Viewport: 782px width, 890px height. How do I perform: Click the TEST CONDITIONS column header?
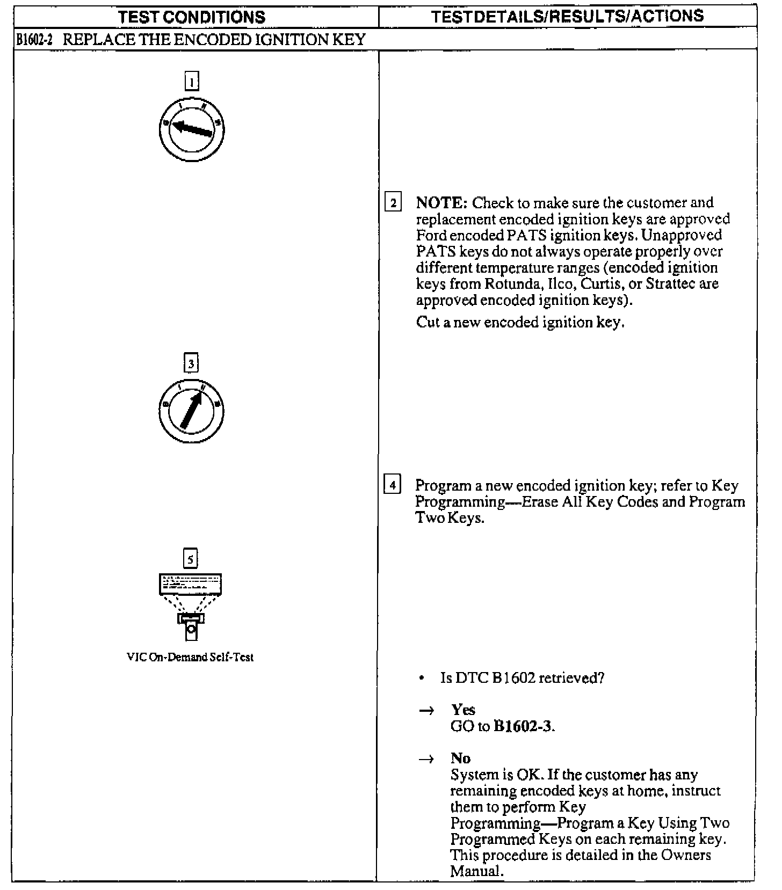pos(192,17)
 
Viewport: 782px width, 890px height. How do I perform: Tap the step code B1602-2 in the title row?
pos(33,40)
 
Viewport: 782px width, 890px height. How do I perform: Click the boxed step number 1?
pos(191,82)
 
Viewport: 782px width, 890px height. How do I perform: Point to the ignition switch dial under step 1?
pos(191,129)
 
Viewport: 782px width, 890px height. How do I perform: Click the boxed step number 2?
pos(393,203)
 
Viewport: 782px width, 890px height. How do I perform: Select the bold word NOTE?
pos(441,203)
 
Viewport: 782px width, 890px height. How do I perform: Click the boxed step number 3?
pos(191,363)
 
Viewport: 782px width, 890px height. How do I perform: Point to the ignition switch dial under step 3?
pos(191,411)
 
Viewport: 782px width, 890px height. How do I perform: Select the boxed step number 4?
pos(393,486)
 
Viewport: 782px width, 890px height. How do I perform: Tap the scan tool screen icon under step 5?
pos(191,585)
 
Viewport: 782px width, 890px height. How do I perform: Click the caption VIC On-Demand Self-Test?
pos(190,657)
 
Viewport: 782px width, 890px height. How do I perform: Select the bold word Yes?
pos(463,710)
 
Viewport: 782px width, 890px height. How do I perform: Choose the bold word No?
pos(460,758)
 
